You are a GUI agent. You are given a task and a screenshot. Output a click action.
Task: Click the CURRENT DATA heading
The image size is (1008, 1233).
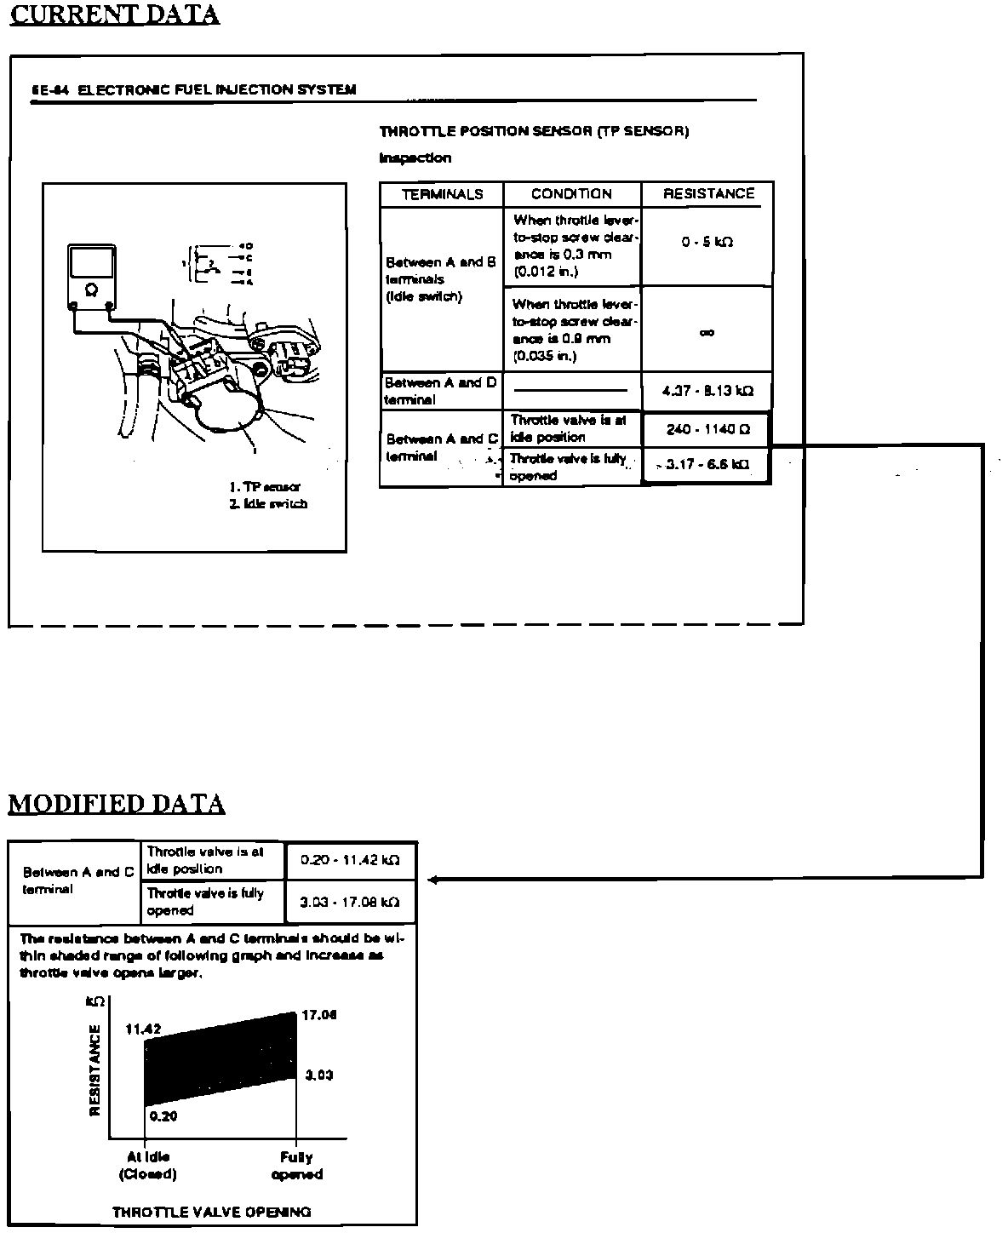point(114,14)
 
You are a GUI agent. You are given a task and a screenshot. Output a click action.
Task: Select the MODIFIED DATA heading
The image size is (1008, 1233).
point(117,803)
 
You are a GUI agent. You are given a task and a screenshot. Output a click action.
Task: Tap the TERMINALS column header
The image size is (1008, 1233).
point(442,194)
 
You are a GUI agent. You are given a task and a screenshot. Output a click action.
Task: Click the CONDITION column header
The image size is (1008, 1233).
point(571,194)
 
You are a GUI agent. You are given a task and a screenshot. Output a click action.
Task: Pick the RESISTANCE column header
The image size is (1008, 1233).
point(708,194)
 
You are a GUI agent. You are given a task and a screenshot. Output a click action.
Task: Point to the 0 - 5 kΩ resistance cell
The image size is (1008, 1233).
point(707,242)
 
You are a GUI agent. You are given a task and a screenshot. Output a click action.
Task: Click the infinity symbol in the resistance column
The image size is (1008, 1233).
point(707,333)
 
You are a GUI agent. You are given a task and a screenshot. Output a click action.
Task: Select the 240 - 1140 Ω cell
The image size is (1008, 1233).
point(707,430)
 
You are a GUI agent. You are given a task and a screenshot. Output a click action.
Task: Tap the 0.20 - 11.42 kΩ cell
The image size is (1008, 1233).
point(350,860)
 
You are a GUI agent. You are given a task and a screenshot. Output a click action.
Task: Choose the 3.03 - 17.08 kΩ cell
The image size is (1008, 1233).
point(350,902)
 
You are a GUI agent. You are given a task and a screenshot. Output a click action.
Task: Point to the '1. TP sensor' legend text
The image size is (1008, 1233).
point(264,487)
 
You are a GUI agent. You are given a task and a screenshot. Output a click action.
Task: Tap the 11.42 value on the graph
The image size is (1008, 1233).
point(143,1029)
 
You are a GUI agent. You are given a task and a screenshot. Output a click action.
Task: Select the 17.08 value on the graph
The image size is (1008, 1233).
point(319,1015)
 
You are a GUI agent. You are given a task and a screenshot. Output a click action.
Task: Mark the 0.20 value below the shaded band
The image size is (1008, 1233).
point(163,1115)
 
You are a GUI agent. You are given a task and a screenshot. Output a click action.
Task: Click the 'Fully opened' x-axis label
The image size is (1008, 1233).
point(296,1166)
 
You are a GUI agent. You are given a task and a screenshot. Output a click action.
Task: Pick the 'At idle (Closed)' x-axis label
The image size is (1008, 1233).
point(147,1166)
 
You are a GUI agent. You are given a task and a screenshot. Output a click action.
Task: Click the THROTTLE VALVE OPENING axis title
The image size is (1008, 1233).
point(211,1212)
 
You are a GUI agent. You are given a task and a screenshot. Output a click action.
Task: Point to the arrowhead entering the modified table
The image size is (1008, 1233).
point(433,880)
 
